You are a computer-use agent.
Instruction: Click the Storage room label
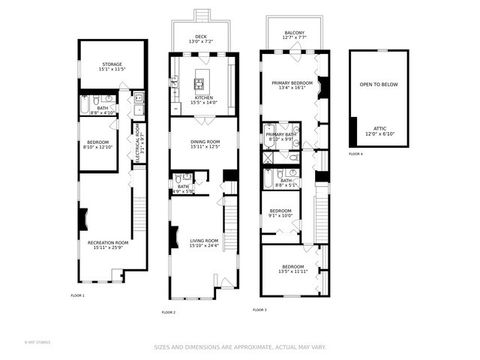point(111,67)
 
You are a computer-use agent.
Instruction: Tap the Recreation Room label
point(110,244)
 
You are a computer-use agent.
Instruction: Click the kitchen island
point(200,82)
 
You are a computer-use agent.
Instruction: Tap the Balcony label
point(293,35)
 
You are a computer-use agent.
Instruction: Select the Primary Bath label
point(280,136)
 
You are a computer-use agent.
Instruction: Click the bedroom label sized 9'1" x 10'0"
point(279,213)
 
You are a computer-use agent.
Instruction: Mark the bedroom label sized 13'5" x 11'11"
point(292,268)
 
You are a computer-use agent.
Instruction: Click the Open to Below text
point(378,85)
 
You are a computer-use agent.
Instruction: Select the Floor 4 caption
point(355,154)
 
